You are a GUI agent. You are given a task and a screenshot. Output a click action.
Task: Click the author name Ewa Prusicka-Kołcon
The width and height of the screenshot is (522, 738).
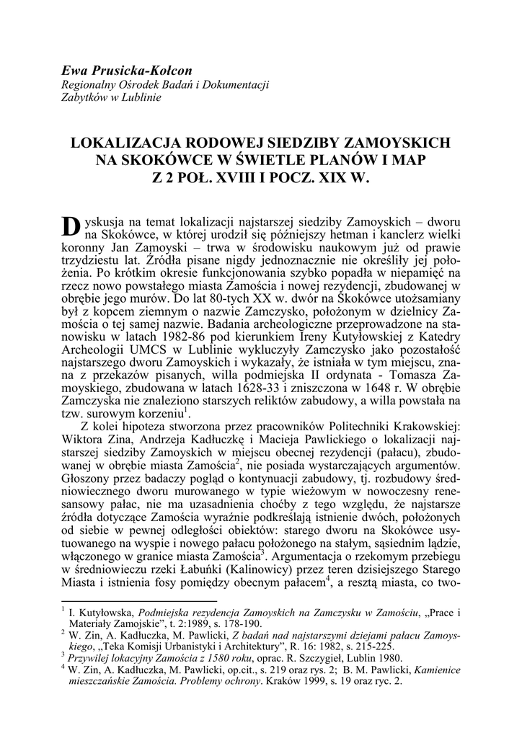pos(127,71)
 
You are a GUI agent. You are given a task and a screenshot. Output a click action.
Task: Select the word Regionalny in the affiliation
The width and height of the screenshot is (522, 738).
pos(89,85)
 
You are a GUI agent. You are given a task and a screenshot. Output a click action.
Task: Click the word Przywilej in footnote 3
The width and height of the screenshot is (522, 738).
pos(93,659)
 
